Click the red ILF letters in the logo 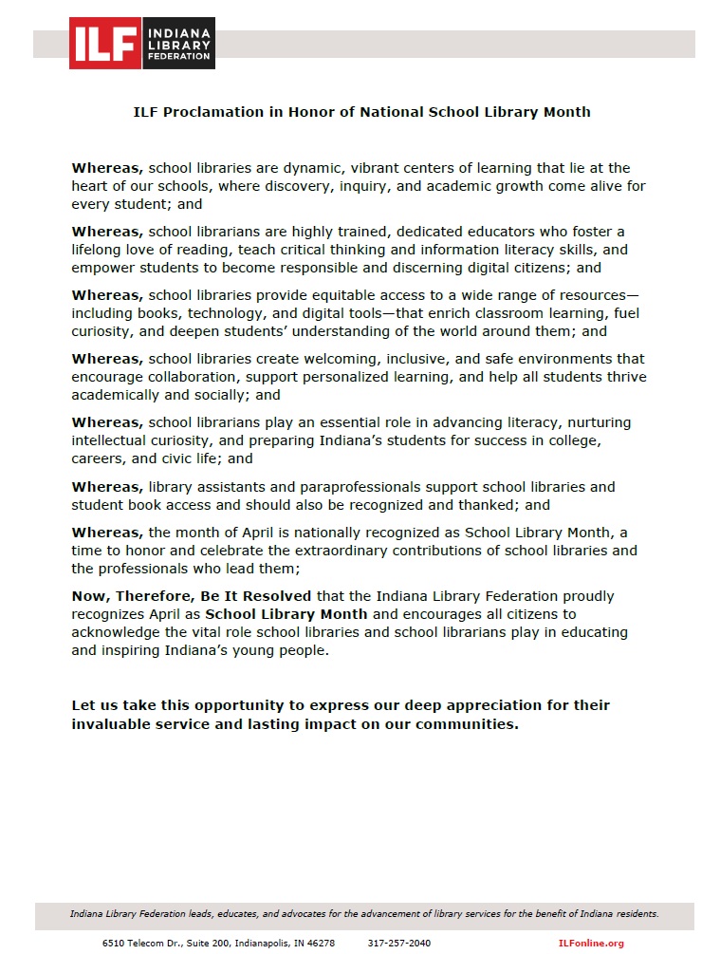pos(105,43)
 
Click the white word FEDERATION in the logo pos(178,56)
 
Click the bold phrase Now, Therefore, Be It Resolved pos(192,596)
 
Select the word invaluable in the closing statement pos(117,723)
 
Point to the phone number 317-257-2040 pos(398,943)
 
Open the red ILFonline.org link pos(591,943)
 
